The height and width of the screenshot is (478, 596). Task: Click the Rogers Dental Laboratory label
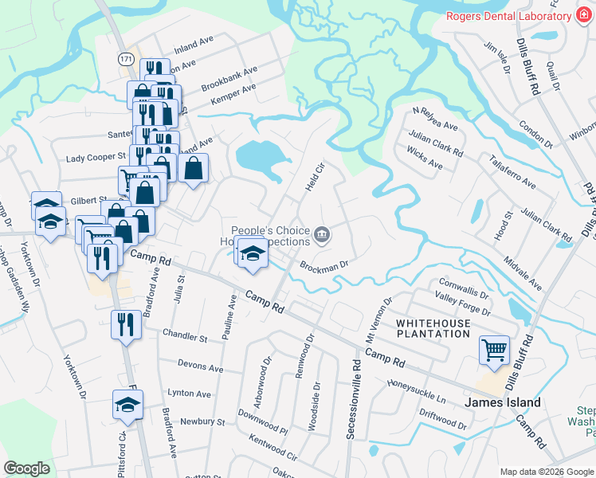[x=504, y=15]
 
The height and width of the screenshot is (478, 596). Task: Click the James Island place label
[x=504, y=402]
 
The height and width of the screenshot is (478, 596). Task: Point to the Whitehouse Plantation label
[x=433, y=327]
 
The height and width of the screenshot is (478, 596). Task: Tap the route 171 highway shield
[x=125, y=59]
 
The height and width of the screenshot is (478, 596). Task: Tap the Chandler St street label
[x=184, y=337]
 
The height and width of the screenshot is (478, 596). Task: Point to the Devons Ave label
[x=201, y=368]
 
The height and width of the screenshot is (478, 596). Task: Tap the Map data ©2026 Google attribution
[x=547, y=472]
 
